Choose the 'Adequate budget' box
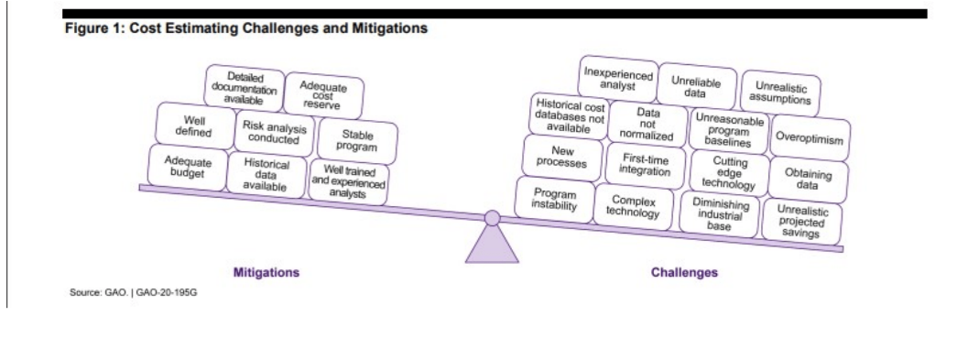pyautogui.click(x=187, y=167)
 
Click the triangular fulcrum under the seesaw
pyautogui.click(x=492, y=245)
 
